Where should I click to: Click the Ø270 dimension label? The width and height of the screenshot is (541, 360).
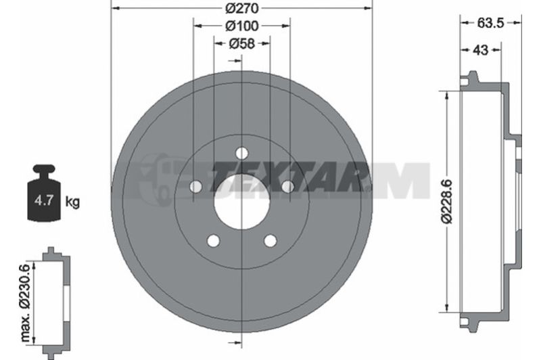pyautogui.click(x=241, y=8)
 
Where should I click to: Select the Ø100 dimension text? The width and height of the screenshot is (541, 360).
pyautogui.click(x=241, y=26)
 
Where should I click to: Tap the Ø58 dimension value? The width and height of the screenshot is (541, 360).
pyautogui.click(x=241, y=43)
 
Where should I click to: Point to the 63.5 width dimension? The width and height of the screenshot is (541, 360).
pyautogui.click(x=491, y=23)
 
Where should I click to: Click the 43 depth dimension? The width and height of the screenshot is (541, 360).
pyautogui.click(x=480, y=50)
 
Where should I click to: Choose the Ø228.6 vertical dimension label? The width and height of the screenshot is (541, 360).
pyautogui.click(x=448, y=201)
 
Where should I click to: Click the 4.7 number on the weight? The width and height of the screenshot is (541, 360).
pyautogui.click(x=44, y=200)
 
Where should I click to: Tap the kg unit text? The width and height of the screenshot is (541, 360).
pyautogui.click(x=72, y=201)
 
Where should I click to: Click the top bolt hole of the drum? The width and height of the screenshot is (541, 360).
pyautogui.click(x=242, y=152)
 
